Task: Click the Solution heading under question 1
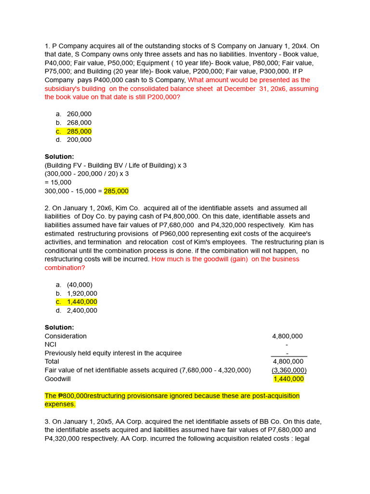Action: coord(59,157)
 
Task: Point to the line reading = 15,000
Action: coord(58,182)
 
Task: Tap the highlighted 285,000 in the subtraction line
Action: coord(116,191)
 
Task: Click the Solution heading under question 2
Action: coord(59,327)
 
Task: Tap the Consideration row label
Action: coord(66,336)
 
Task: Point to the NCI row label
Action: coord(51,344)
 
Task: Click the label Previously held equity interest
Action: coord(113,353)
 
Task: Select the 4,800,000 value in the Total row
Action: coord(288,361)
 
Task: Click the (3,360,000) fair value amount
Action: coord(289,370)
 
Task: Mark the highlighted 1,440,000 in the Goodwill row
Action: coord(289,379)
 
